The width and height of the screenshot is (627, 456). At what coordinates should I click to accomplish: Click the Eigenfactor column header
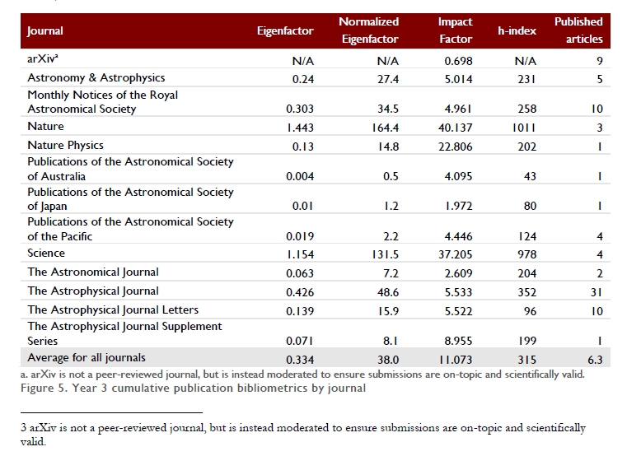click(285, 30)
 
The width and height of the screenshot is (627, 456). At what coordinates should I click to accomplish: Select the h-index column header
click(517, 30)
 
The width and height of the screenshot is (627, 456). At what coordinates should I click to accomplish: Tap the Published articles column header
click(578, 30)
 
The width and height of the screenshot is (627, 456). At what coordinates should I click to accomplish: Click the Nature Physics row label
click(65, 145)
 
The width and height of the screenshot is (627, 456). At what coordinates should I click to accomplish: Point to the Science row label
click(46, 253)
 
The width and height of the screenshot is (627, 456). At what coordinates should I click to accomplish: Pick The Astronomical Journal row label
click(93, 272)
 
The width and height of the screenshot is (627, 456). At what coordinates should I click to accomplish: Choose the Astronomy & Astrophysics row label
click(96, 77)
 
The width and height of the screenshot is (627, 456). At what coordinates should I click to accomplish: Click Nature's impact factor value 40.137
click(455, 128)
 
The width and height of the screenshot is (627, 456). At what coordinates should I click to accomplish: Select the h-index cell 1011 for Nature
click(523, 128)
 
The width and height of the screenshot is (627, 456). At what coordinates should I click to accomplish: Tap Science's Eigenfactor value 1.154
click(300, 254)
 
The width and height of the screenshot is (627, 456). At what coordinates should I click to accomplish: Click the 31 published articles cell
click(597, 292)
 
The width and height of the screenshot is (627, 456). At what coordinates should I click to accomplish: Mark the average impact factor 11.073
click(456, 360)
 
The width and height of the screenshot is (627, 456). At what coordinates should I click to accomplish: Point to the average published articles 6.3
click(595, 360)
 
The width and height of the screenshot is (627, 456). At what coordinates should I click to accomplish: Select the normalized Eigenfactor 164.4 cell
click(385, 128)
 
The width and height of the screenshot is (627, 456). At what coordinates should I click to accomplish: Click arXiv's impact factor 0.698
click(458, 61)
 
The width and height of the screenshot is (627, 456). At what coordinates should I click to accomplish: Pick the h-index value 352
click(526, 292)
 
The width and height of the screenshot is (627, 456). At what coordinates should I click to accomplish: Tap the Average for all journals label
click(87, 357)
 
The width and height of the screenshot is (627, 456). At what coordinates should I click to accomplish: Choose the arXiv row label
click(42, 58)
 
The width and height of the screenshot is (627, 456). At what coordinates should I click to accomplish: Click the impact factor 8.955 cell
click(458, 341)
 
